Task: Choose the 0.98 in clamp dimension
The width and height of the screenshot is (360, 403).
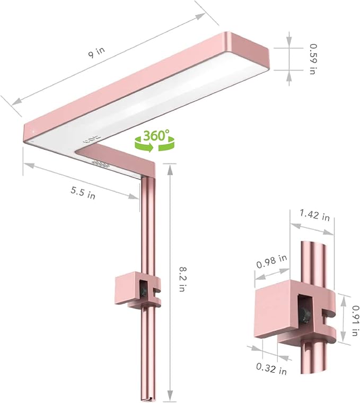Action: click(271, 261)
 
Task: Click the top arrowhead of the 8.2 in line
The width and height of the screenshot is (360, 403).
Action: click(169, 168)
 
